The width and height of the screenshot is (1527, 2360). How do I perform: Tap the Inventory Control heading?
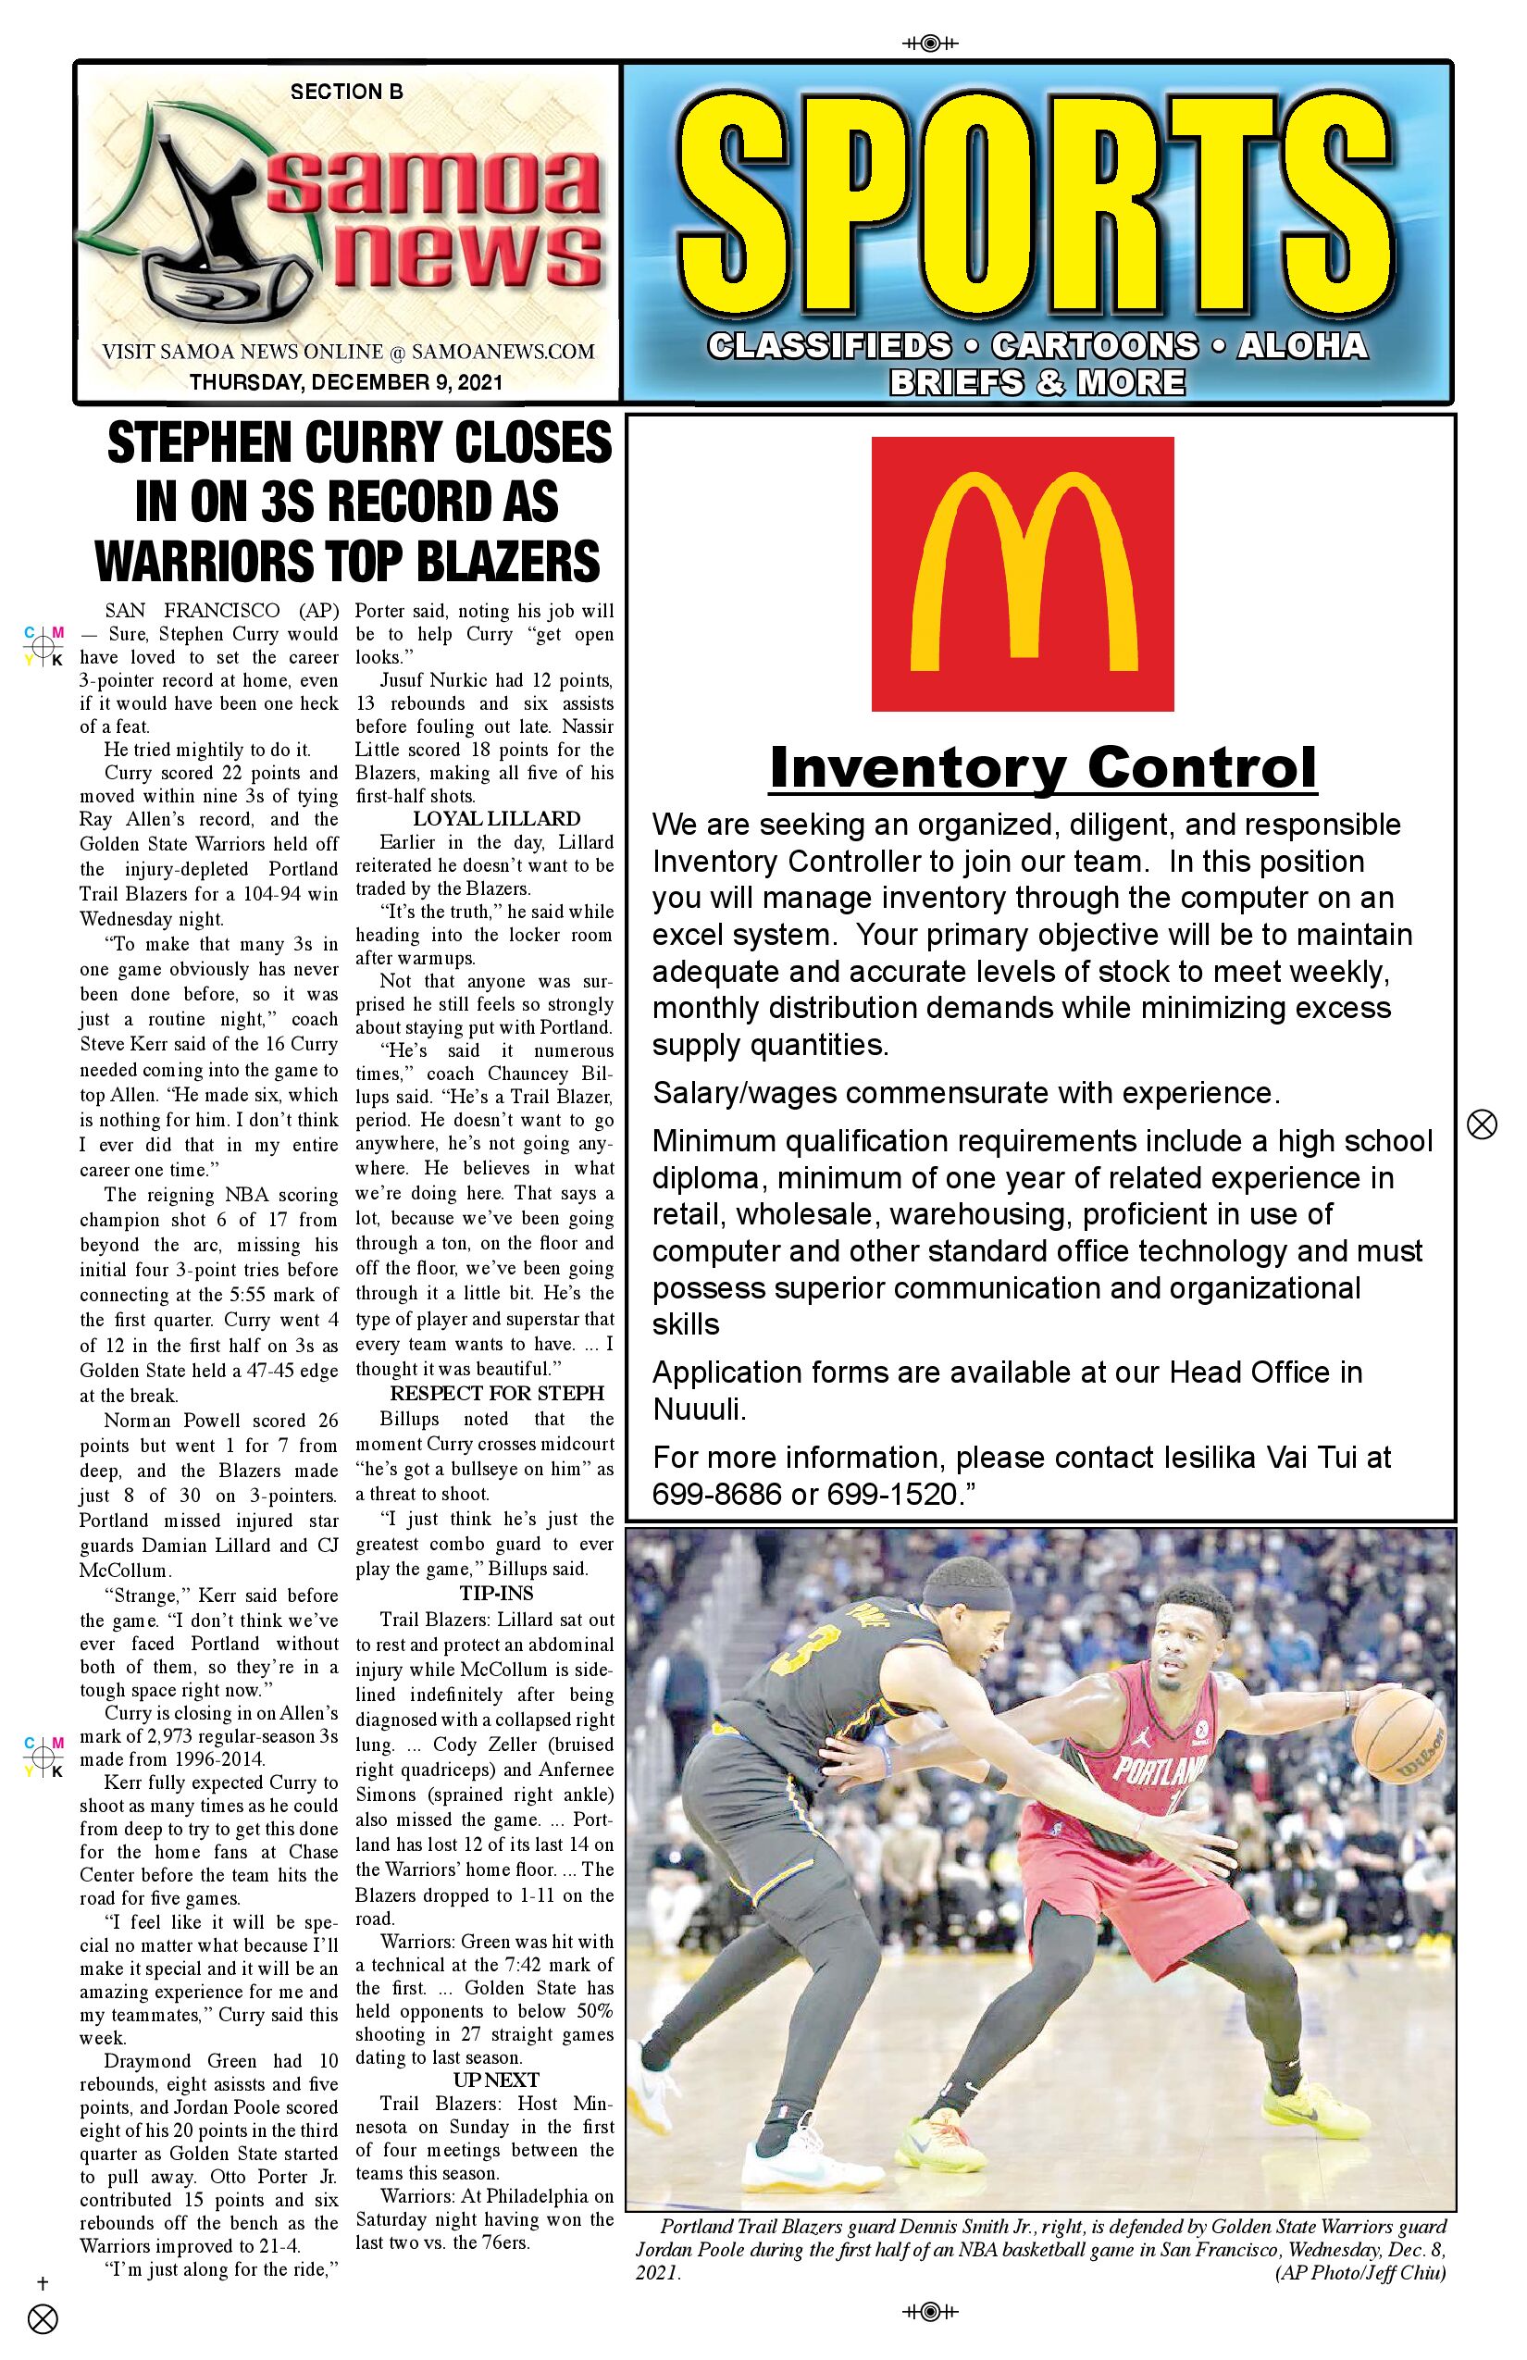coord(1042,767)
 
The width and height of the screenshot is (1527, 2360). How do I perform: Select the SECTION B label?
coord(346,93)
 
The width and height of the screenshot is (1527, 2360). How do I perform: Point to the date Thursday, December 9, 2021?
coord(346,381)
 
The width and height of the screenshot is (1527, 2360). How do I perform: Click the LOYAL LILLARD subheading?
coord(497,819)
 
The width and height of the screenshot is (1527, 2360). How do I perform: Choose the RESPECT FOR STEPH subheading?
coord(497,1393)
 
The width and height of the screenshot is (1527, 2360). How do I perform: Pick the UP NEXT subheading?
coord(497,2080)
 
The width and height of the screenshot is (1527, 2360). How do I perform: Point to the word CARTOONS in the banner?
coord(1094,346)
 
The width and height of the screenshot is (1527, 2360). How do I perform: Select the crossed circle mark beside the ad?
coord(1481,1124)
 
